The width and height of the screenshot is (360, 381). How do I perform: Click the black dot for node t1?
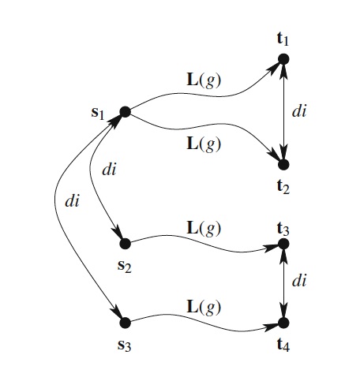click(x=283, y=59)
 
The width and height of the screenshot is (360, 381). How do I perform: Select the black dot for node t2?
click(x=283, y=165)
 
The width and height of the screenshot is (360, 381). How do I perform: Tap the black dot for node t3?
click(x=283, y=244)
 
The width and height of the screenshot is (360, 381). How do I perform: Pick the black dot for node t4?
click(x=283, y=323)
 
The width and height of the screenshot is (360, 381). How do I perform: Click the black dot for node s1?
click(x=125, y=112)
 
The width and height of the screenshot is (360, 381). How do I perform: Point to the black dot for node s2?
click(x=125, y=244)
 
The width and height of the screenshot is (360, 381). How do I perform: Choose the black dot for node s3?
click(x=125, y=323)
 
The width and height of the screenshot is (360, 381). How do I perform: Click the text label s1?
click(x=98, y=114)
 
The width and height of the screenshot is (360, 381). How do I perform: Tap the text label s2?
click(x=124, y=267)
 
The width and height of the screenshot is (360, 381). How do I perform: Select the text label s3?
click(x=124, y=346)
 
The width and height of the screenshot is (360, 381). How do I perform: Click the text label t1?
click(x=283, y=39)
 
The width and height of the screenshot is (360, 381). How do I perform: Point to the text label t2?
click(x=283, y=187)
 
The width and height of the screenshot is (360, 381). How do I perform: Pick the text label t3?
click(x=283, y=229)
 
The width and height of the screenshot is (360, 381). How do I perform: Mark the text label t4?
click(x=283, y=345)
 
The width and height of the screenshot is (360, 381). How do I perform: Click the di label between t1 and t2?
click(x=299, y=111)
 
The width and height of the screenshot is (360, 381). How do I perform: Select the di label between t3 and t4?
click(x=299, y=281)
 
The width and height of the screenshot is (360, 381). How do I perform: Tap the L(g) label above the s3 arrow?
click(x=204, y=308)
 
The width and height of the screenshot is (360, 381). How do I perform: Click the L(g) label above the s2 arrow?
click(x=204, y=229)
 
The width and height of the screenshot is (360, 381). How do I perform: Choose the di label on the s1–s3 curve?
click(x=72, y=201)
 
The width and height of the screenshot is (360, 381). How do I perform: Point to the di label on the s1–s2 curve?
click(x=109, y=170)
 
